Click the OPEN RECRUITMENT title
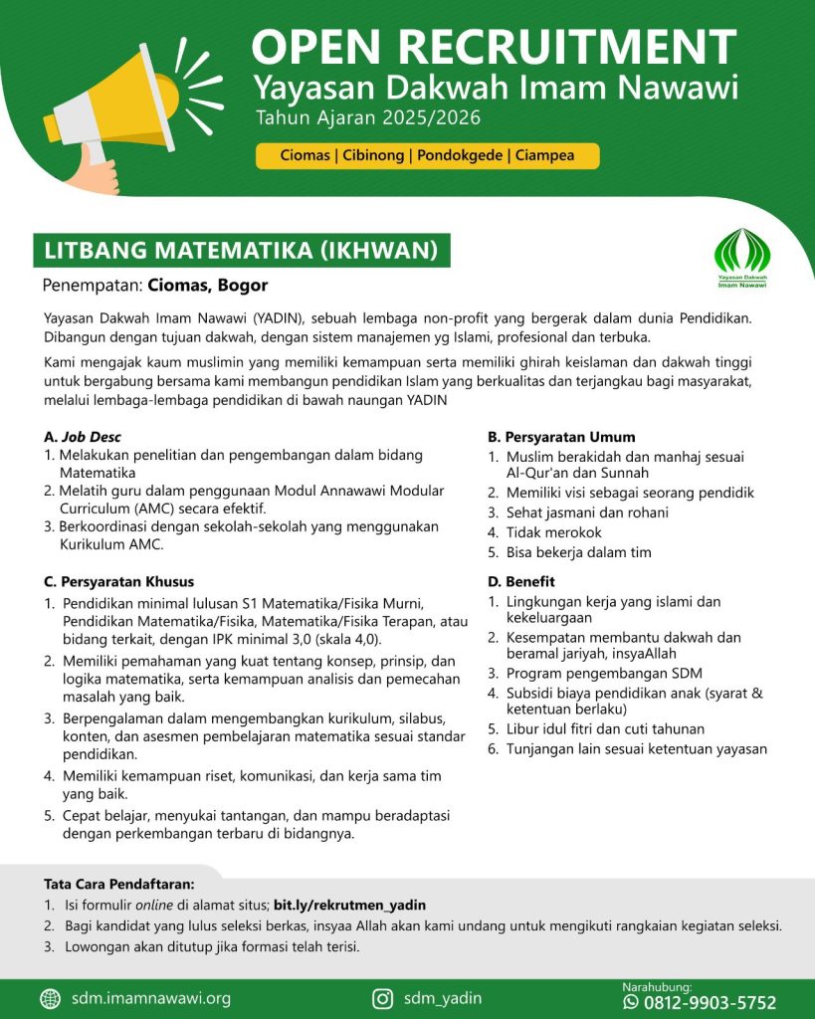pyautogui.click(x=494, y=47)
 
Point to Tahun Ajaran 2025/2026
pyautogui.click(x=368, y=119)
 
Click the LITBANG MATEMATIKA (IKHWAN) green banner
pyautogui.click(x=242, y=250)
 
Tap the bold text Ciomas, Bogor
pyautogui.click(x=208, y=286)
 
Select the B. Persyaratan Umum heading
pyautogui.click(x=561, y=437)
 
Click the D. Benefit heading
pyautogui.click(x=521, y=581)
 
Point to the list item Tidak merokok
pyautogui.click(x=553, y=532)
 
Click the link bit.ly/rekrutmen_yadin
pyautogui.click(x=349, y=906)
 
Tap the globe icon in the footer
pyautogui.click(x=51, y=998)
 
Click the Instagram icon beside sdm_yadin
pyautogui.click(x=382, y=998)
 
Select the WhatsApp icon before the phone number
pyautogui.click(x=630, y=1002)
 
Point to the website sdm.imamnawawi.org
pyautogui.click(x=151, y=998)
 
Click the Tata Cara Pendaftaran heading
pyautogui.click(x=119, y=884)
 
